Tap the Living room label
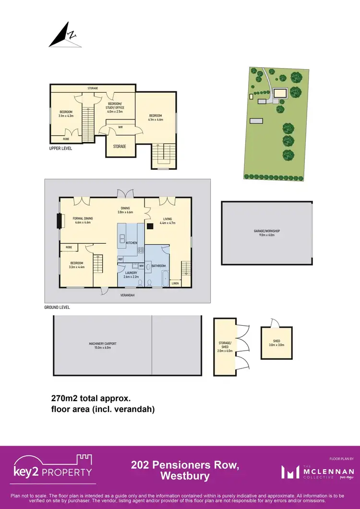point(167,221)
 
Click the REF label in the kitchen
point(120,259)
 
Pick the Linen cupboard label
point(175,283)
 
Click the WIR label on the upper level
point(121,127)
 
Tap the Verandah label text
point(127,296)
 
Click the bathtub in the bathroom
point(165,278)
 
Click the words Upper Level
point(60,148)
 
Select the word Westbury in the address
point(185,476)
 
